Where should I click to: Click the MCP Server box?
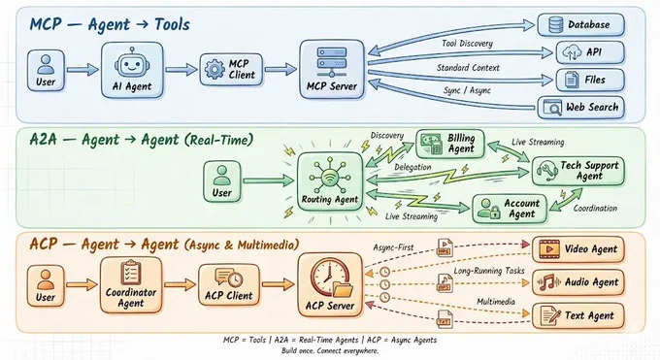click(332, 70)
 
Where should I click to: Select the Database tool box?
click(580, 25)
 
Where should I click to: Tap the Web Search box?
click(580, 108)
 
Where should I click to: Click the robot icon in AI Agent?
click(132, 64)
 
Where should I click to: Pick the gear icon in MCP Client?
click(214, 69)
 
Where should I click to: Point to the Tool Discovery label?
click(467, 44)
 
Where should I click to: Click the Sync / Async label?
click(467, 90)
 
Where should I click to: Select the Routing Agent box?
click(330, 181)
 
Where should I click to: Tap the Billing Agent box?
click(450, 144)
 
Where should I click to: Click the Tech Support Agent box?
click(578, 171)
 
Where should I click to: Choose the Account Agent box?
click(510, 209)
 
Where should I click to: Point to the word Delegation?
click(412, 167)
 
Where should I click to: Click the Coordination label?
click(595, 208)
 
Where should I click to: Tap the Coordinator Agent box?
click(131, 285)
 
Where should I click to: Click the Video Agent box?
click(578, 249)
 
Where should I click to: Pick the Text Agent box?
click(578, 315)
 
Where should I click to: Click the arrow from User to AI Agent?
click(82, 70)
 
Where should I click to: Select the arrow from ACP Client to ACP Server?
click(278, 284)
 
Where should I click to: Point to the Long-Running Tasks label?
click(489, 271)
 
